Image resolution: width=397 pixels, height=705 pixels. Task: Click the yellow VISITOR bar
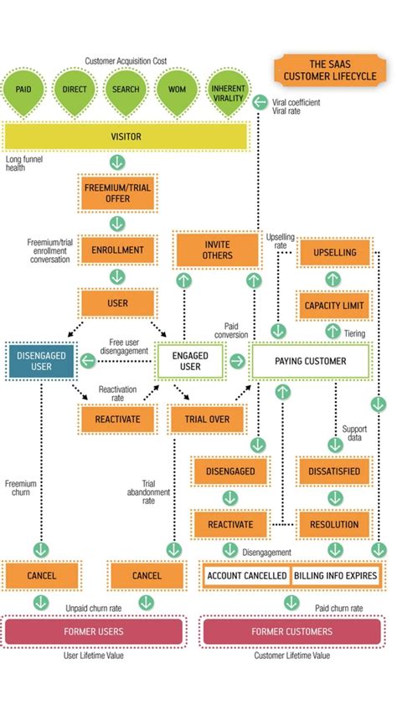pyautogui.click(x=126, y=136)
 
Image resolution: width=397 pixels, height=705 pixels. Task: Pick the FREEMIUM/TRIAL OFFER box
pyautogui.click(x=117, y=194)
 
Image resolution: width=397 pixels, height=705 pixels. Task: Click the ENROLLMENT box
pyautogui.click(x=117, y=250)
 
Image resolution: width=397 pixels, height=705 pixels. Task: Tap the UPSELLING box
pyautogui.click(x=334, y=252)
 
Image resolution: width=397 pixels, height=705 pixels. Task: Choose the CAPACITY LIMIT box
pyautogui.click(x=334, y=306)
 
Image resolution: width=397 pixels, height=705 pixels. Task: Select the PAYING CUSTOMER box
pyautogui.click(x=311, y=361)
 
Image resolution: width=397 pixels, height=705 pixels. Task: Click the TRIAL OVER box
pyautogui.click(x=206, y=418)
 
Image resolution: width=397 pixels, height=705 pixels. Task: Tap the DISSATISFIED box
pyautogui.click(x=333, y=471)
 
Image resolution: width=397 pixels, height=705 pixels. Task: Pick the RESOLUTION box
pyautogui.click(x=333, y=524)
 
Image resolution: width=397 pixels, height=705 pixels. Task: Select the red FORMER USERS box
pyautogui.click(x=94, y=631)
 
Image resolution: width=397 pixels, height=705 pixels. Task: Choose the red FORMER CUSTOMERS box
pyautogui.click(x=291, y=631)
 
